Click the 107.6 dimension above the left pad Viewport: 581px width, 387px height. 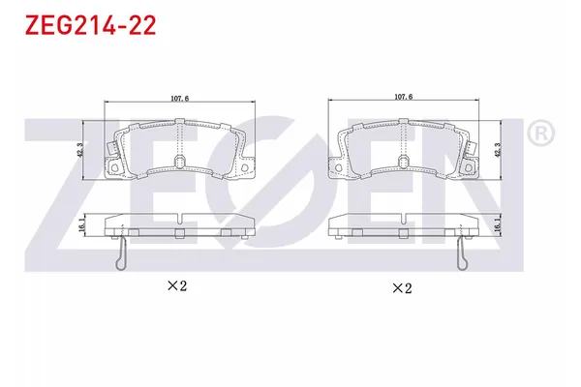(x=179, y=97)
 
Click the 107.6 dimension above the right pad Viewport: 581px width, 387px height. (x=404, y=97)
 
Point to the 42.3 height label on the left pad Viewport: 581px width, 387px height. (x=79, y=150)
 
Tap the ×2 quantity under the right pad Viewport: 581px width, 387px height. (x=401, y=287)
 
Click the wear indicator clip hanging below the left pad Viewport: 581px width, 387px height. (x=119, y=254)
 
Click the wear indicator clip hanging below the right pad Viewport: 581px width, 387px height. (x=463, y=254)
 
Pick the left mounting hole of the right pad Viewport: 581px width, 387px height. (x=341, y=168)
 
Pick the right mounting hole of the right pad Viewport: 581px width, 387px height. (x=466, y=168)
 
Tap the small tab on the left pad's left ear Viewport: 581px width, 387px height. (x=113, y=150)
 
